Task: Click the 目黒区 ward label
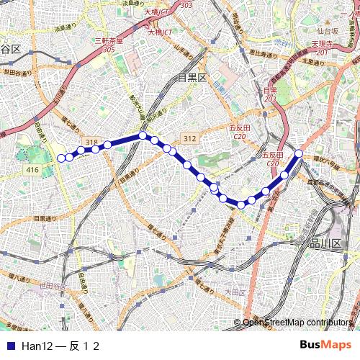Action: click(x=192, y=76)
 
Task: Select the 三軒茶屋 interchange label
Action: click(x=109, y=41)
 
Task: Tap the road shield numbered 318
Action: click(x=91, y=143)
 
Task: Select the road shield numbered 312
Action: click(x=189, y=138)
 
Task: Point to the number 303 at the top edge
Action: click(x=186, y=4)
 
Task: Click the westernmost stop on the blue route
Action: click(x=61, y=158)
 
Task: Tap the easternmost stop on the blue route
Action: click(x=299, y=153)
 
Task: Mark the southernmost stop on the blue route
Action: click(x=241, y=204)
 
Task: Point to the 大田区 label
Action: click(x=235, y=292)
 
